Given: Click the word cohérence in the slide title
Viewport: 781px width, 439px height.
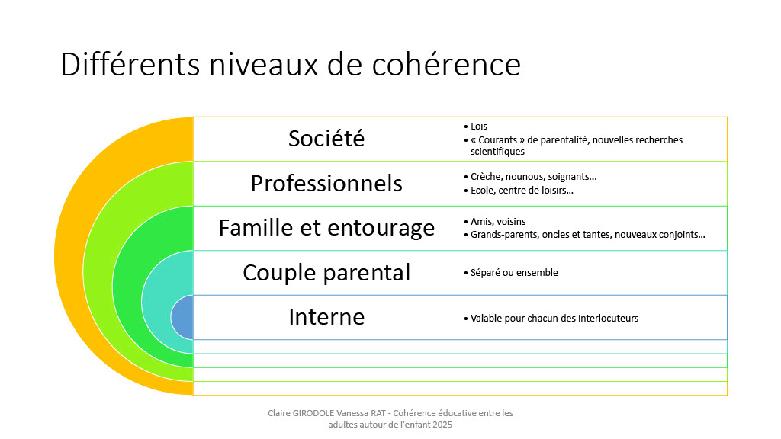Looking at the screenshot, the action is pyautogui.click(x=445, y=65).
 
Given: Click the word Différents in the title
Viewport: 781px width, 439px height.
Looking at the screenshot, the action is pyautogui.click(x=130, y=65).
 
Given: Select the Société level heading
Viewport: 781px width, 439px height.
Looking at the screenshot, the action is pyautogui.click(x=326, y=139).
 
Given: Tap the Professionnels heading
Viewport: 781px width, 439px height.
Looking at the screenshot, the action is pyautogui.click(x=326, y=184).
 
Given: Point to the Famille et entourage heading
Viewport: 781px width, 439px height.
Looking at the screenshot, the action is pyautogui.click(x=326, y=228).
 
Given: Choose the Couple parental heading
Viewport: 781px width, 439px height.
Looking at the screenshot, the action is pyautogui.click(x=326, y=273).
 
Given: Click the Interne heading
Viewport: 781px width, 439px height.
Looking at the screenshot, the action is pyautogui.click(x=326, y=317).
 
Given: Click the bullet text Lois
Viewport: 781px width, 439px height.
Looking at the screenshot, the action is pyautogui.click(x=479, y=127).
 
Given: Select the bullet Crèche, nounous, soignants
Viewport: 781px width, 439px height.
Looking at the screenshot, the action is pyautogui.click(x=533, y=177).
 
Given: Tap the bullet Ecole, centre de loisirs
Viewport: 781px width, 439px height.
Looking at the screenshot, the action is pyautogui.click(x=522, y=190).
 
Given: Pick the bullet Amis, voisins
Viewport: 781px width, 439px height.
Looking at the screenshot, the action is pyautogui.click(x=498, y=222).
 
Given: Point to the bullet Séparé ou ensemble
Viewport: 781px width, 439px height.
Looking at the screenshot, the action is pyautogui.click(x=514, y=273).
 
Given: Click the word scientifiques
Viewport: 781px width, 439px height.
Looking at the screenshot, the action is pyautogui.click(x=497, y=152).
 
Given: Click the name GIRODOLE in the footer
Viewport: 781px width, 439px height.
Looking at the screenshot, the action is pyautogui.click(x=313, y=413).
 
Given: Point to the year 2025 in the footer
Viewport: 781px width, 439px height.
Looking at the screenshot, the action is pyautogui.click(x=442, y=425).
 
